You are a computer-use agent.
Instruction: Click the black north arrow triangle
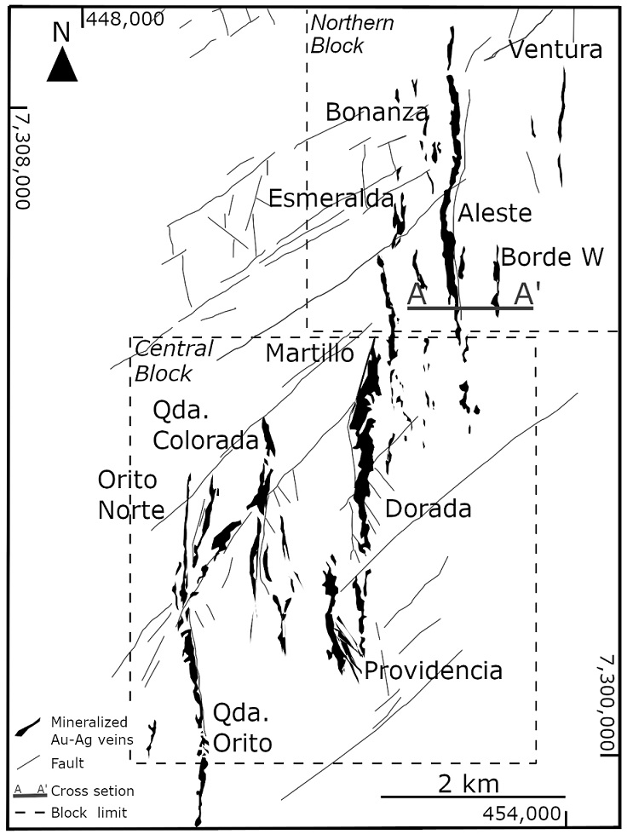click(61, 66)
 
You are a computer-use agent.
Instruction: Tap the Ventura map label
click(555, 49)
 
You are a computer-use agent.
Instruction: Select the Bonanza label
click(377, 112)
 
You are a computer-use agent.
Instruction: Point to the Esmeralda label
click(331, 198)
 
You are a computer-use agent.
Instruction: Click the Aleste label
click(494, 213)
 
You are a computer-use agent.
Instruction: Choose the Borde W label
click(551, 256)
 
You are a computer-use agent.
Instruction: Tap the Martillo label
click(308, 353)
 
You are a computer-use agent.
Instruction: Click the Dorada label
click(428, 509)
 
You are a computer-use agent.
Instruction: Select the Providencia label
click(433, 670)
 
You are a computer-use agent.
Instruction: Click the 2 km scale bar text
click(469, 782)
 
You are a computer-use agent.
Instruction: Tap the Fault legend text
click(67, 763)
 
